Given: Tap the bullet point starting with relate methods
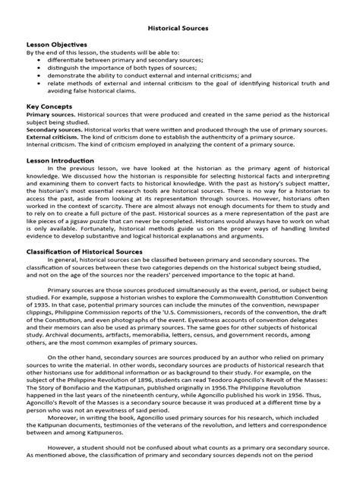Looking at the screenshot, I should tap(182, 85).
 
